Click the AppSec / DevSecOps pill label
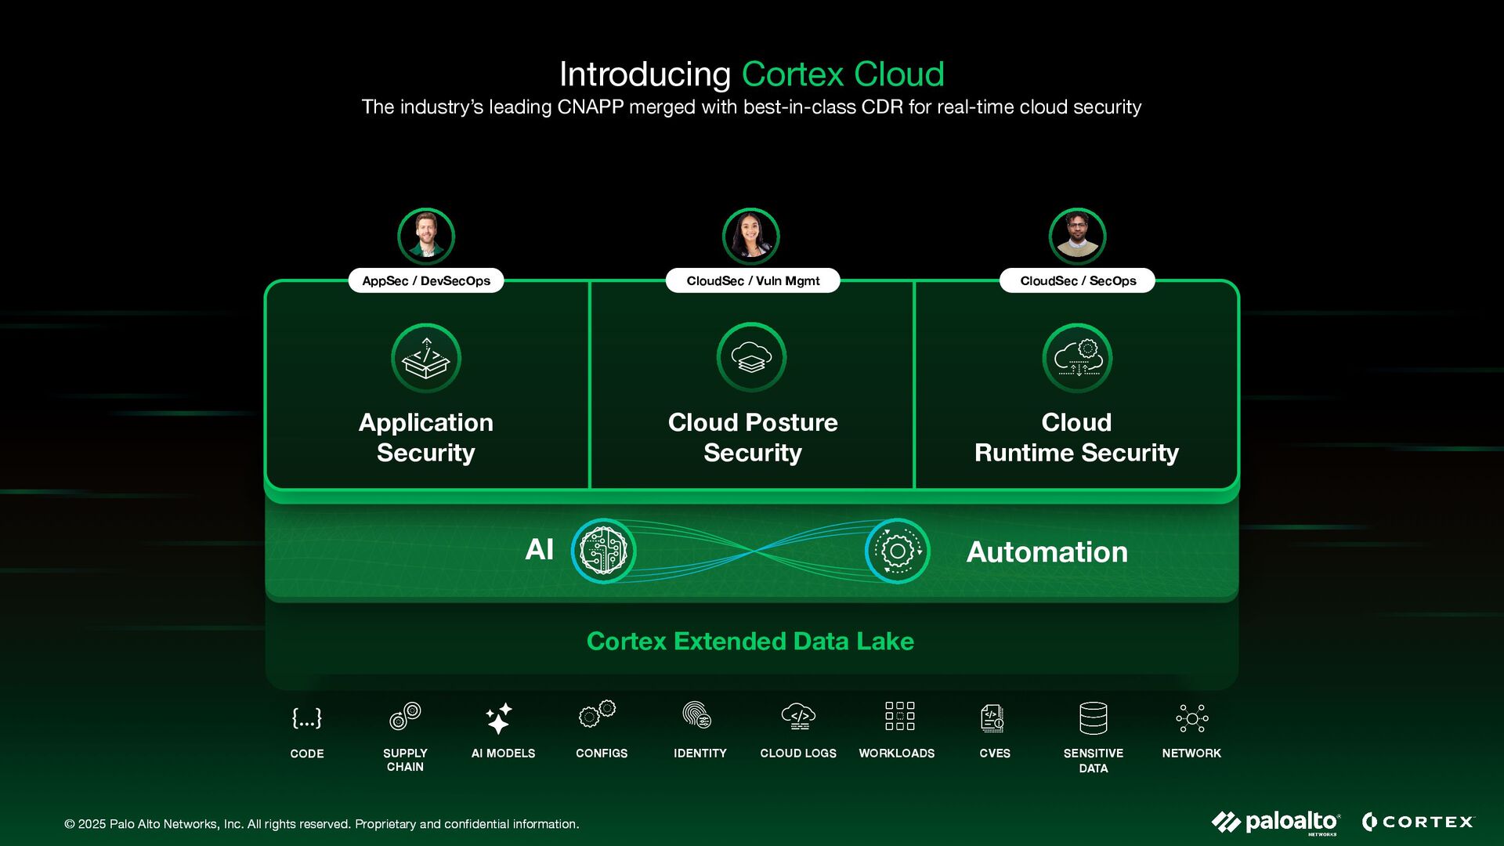tap(426, 280)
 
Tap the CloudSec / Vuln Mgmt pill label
tap(753, 280)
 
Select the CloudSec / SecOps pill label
tap(1077, 280)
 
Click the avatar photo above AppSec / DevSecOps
tap(426, 236)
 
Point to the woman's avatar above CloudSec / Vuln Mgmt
tap(751, 236)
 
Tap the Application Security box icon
tap(426, 358)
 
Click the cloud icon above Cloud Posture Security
tap(752, 357)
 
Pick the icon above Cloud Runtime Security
tap(1078, 358)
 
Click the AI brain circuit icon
tap(603, 551)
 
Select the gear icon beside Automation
tap(898, 551)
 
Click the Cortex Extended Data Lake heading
tap(750, 642)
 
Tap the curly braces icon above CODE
tap(306, 718)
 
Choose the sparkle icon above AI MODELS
tap(499, 718)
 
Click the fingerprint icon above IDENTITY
tap(696, 716)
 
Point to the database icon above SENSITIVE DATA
tap(1094, 718)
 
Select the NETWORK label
tap(1191, 754)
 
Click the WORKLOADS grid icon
tap(899, 716)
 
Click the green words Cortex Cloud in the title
tap(843, 74)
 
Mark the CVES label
tap(995, 754)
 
